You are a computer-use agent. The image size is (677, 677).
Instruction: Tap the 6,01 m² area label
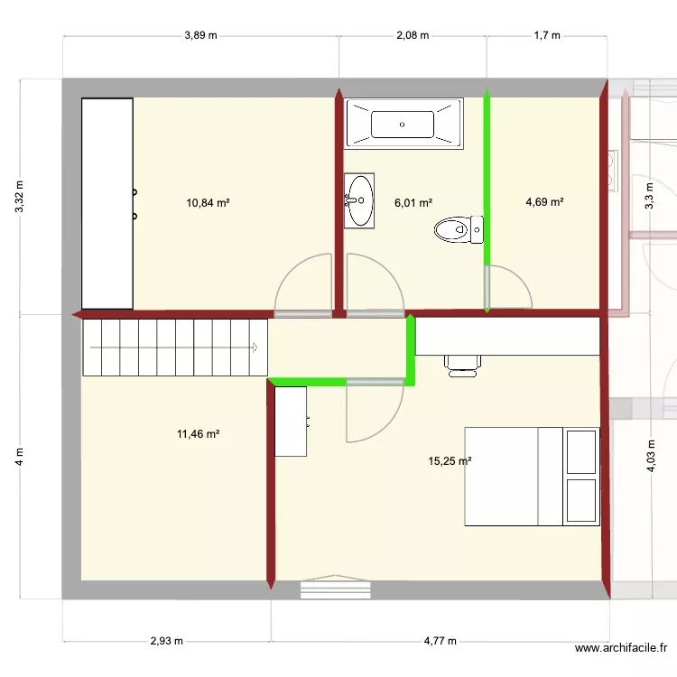click(413, 203)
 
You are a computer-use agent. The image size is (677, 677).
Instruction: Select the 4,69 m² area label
click(544, 202)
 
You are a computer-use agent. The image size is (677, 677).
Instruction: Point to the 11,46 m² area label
click(199, 434)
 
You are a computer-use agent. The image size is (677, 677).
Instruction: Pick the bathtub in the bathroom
click(403, 120)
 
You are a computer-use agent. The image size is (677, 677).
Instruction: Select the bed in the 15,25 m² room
click(532, 476)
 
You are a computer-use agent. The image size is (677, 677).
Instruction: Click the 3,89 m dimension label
click(200, 36)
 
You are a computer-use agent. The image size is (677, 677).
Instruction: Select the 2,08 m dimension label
click(412, 36)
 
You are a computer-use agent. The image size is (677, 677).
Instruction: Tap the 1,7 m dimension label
click(547, 36)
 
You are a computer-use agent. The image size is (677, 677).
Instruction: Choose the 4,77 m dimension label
click(440, 642)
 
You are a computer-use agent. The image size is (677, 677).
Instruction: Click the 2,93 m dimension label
click(166, 642)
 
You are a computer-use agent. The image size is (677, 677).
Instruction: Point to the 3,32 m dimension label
click(20, 196)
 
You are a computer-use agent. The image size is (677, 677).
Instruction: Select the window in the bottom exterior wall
click(335, 589)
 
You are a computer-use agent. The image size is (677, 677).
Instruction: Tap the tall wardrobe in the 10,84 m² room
click(107, 203)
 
